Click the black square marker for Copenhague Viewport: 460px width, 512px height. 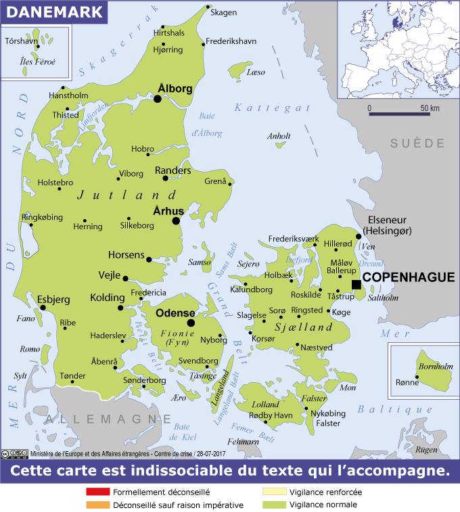pyautogui.click(x=356, y=284)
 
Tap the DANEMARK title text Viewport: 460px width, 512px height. pyautogui.click(x=53, y=11)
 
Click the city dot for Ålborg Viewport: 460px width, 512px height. pyautogui.click(x=158, y=99)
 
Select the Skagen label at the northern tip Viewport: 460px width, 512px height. pyautogui.click(x=224, y=12)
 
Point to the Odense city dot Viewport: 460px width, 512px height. pyautogui.click(x=191, y=323)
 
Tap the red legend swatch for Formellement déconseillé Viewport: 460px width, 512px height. pyautogui.click(x=97, y=492)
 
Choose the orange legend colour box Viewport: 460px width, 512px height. pyautogui.click(x=97, y=505)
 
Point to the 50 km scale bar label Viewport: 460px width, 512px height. pyautogui.click(x=430, y=108)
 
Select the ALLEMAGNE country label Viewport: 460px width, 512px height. pyautogui.click(x=99, y=419)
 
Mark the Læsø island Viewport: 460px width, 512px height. pyautogui.click(x=240, y=70)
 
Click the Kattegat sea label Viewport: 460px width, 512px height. pyautogui.click(x=272, y=108)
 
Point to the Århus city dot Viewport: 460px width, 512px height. pyautogui.click(x=176, y=220)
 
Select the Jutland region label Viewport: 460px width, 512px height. pyautogui.click(x=122, y=195)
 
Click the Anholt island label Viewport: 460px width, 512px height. pyautogui.click(x=279, y=136)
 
